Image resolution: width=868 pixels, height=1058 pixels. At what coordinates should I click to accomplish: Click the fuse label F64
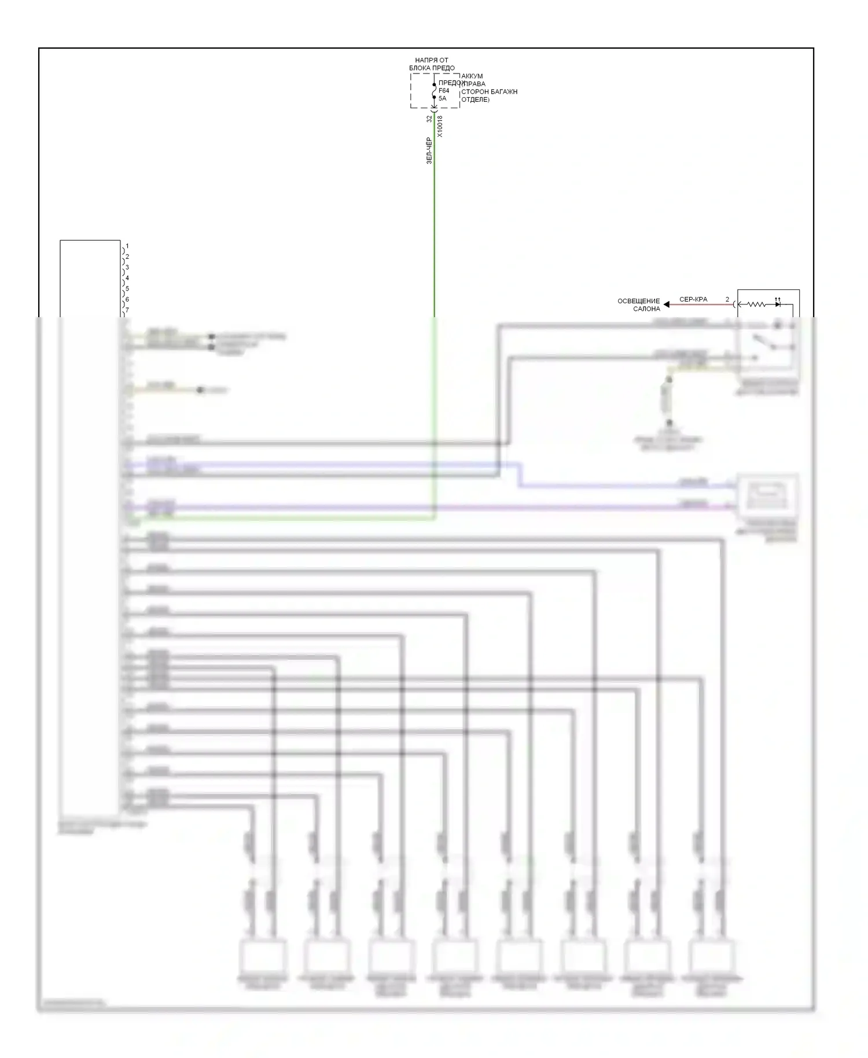[444, 91]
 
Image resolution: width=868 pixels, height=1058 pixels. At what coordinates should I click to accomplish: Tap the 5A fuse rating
[442, 98]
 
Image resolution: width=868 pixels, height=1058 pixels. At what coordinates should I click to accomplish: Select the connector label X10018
[440, 126]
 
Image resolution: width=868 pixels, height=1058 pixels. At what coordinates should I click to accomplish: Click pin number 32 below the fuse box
[429, 119]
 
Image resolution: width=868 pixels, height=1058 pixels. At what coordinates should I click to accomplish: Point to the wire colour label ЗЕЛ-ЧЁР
[429, 150]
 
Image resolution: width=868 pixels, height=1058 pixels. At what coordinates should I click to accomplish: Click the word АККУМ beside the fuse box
[472, 76]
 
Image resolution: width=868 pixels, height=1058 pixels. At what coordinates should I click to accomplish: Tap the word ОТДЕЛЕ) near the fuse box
[476, 100]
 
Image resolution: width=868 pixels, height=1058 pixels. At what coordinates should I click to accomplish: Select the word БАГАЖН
[505, 92]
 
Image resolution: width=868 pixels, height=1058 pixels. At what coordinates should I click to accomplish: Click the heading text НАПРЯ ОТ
[432, 60]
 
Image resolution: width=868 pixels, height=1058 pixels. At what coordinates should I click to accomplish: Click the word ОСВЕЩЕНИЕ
[639, 301]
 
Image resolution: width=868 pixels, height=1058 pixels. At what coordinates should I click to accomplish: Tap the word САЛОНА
[646, 309]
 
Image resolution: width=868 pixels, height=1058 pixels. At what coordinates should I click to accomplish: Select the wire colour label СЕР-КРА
[693, 300]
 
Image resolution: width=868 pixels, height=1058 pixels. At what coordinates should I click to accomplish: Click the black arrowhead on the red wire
[667, 304]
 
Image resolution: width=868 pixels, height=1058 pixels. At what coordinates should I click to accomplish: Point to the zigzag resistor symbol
[756, 304]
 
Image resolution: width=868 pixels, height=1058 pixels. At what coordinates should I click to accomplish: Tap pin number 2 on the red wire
[727, 300]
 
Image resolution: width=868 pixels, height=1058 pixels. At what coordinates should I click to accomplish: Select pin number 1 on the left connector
[127, 247]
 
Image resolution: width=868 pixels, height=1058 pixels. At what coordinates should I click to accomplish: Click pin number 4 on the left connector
[127, 278]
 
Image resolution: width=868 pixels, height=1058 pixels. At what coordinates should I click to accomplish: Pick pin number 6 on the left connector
[127, 300]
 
